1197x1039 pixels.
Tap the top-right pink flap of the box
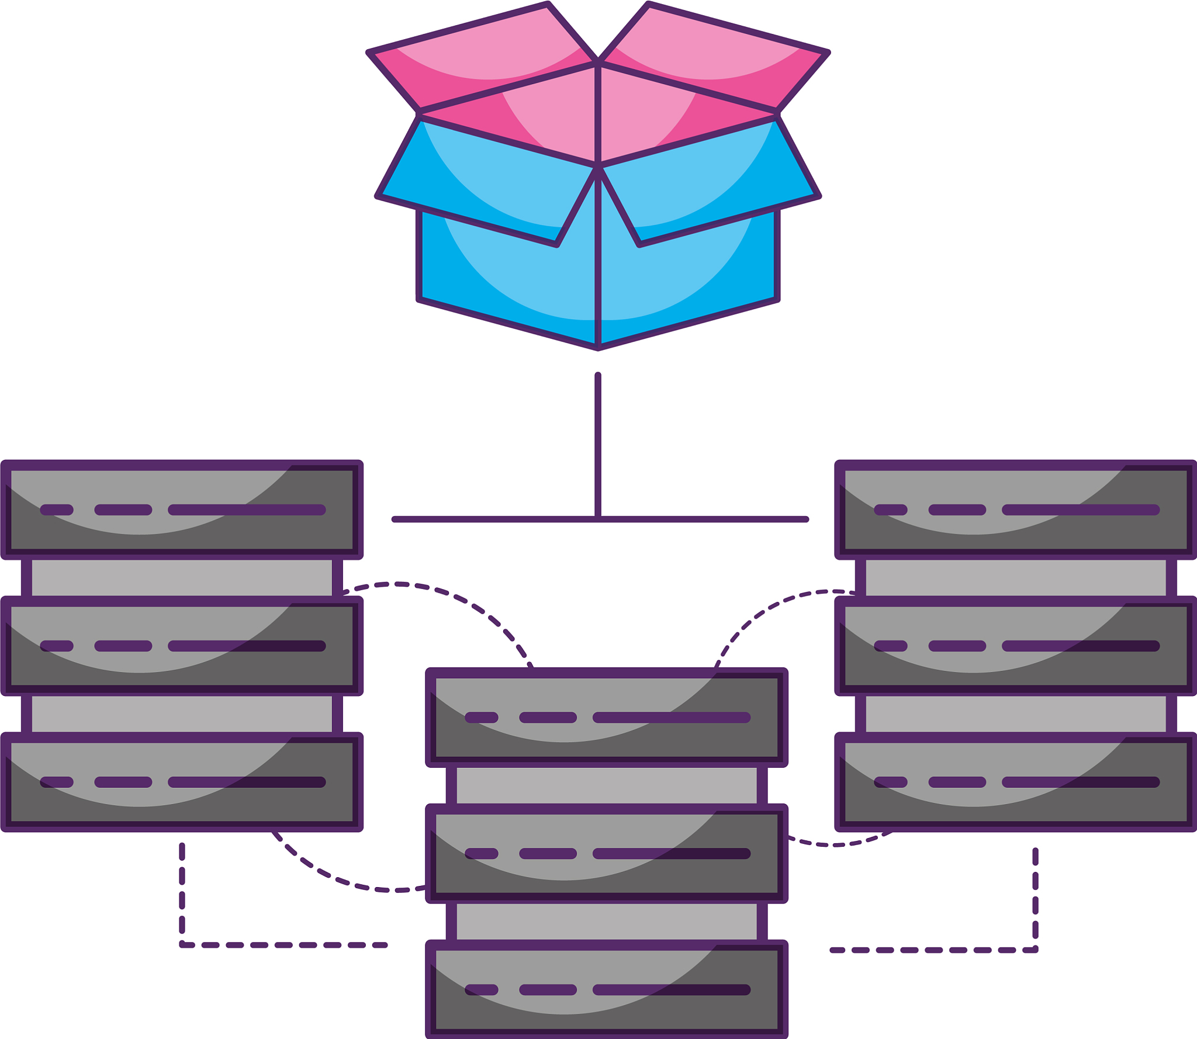(x=713, y=58)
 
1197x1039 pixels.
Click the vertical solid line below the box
(x=598, y=444)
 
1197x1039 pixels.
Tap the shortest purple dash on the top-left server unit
(x=57, y=510)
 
